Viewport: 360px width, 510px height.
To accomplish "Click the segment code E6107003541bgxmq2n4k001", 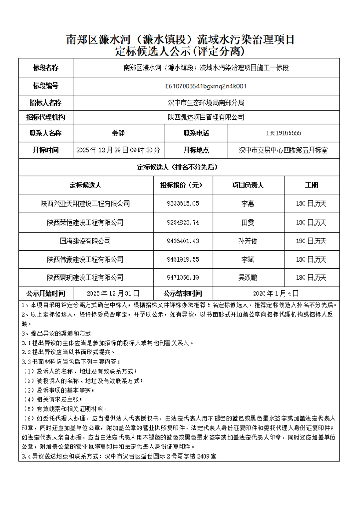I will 205,86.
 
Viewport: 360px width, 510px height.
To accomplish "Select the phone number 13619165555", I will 283,133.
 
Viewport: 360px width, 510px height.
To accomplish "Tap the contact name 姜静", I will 118,133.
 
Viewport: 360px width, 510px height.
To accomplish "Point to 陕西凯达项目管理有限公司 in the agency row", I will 205,117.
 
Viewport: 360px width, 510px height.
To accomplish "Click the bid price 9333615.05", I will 183,203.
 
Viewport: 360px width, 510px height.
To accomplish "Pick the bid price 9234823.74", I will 183,222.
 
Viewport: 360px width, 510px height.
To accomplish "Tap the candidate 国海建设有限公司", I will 85,241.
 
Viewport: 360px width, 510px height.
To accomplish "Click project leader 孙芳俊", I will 248,241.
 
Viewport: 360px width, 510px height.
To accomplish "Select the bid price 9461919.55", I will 183,259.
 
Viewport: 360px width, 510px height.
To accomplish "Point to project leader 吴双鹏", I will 248,277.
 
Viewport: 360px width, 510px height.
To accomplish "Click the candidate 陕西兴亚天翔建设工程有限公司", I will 85,203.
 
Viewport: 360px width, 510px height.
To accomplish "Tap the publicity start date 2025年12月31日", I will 113,293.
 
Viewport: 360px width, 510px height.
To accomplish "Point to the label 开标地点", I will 196,150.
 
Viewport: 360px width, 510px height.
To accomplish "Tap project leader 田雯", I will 248,222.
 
